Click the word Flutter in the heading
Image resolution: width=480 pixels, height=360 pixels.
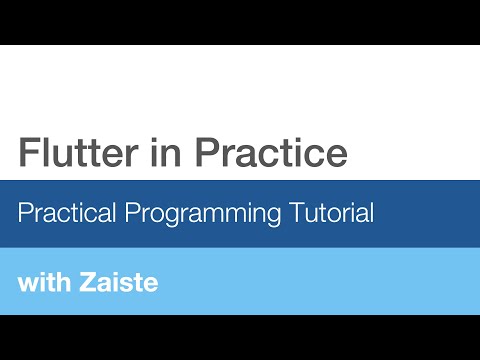coord(70,152)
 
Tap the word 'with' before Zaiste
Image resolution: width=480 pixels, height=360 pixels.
coord(43,281)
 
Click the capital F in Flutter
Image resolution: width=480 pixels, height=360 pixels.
coord(28,152)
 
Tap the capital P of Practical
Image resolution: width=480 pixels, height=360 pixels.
coord(26,212)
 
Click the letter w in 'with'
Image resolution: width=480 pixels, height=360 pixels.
coord(27,283)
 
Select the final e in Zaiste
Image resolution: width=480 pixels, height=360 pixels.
coord(151,283)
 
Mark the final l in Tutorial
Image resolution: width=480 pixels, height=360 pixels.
coord(371,212)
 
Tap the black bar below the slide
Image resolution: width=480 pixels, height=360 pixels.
coord(240,337)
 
